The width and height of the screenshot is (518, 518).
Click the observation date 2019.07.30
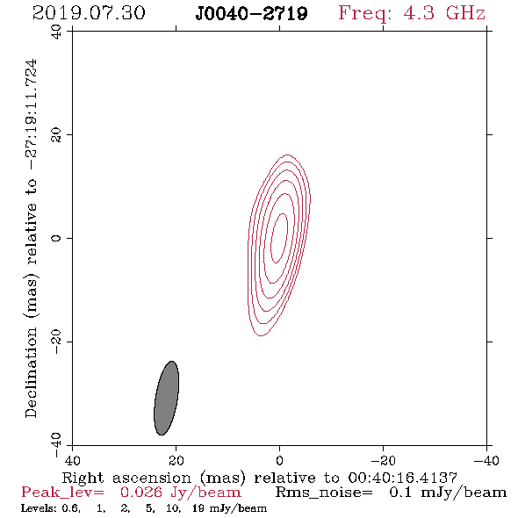pyautogui.click(x=89, y=13)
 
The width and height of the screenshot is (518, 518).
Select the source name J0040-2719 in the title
pyautogui.click(x=251, y=14)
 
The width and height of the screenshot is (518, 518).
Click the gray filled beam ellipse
pyautogui.click(x=167, y=398)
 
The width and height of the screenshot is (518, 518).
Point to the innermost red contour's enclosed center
pyautogui.click(x=279, y=238)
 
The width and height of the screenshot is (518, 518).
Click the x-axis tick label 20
pyautogui.click(x=176, y=460)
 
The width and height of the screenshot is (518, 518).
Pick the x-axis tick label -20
pyautogui.click(x=383, y=460)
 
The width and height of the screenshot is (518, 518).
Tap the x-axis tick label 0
pyautogui.click(x=279, y=460)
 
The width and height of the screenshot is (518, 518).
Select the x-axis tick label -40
pyautogui.click(x=486, y=460)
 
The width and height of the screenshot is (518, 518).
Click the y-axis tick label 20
pyautogui.click(x=56, y=135)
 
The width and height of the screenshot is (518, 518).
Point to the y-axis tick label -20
pyautogui.click(x=56, y=342)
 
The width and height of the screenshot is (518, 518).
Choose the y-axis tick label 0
pyautogui.click(x=56, y=238)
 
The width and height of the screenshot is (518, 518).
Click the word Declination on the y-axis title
pyautogui.click(x=31, y=372)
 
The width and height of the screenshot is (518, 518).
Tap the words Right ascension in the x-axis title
pyautogui.click(x=126, y=478)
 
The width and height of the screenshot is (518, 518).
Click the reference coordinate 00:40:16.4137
pyautogui.click(x=402, y=478)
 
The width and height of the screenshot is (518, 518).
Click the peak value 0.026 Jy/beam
pyautogui.click(x=180, y=493)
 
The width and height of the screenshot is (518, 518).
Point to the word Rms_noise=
pyautogui.click(x=324, y=493)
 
